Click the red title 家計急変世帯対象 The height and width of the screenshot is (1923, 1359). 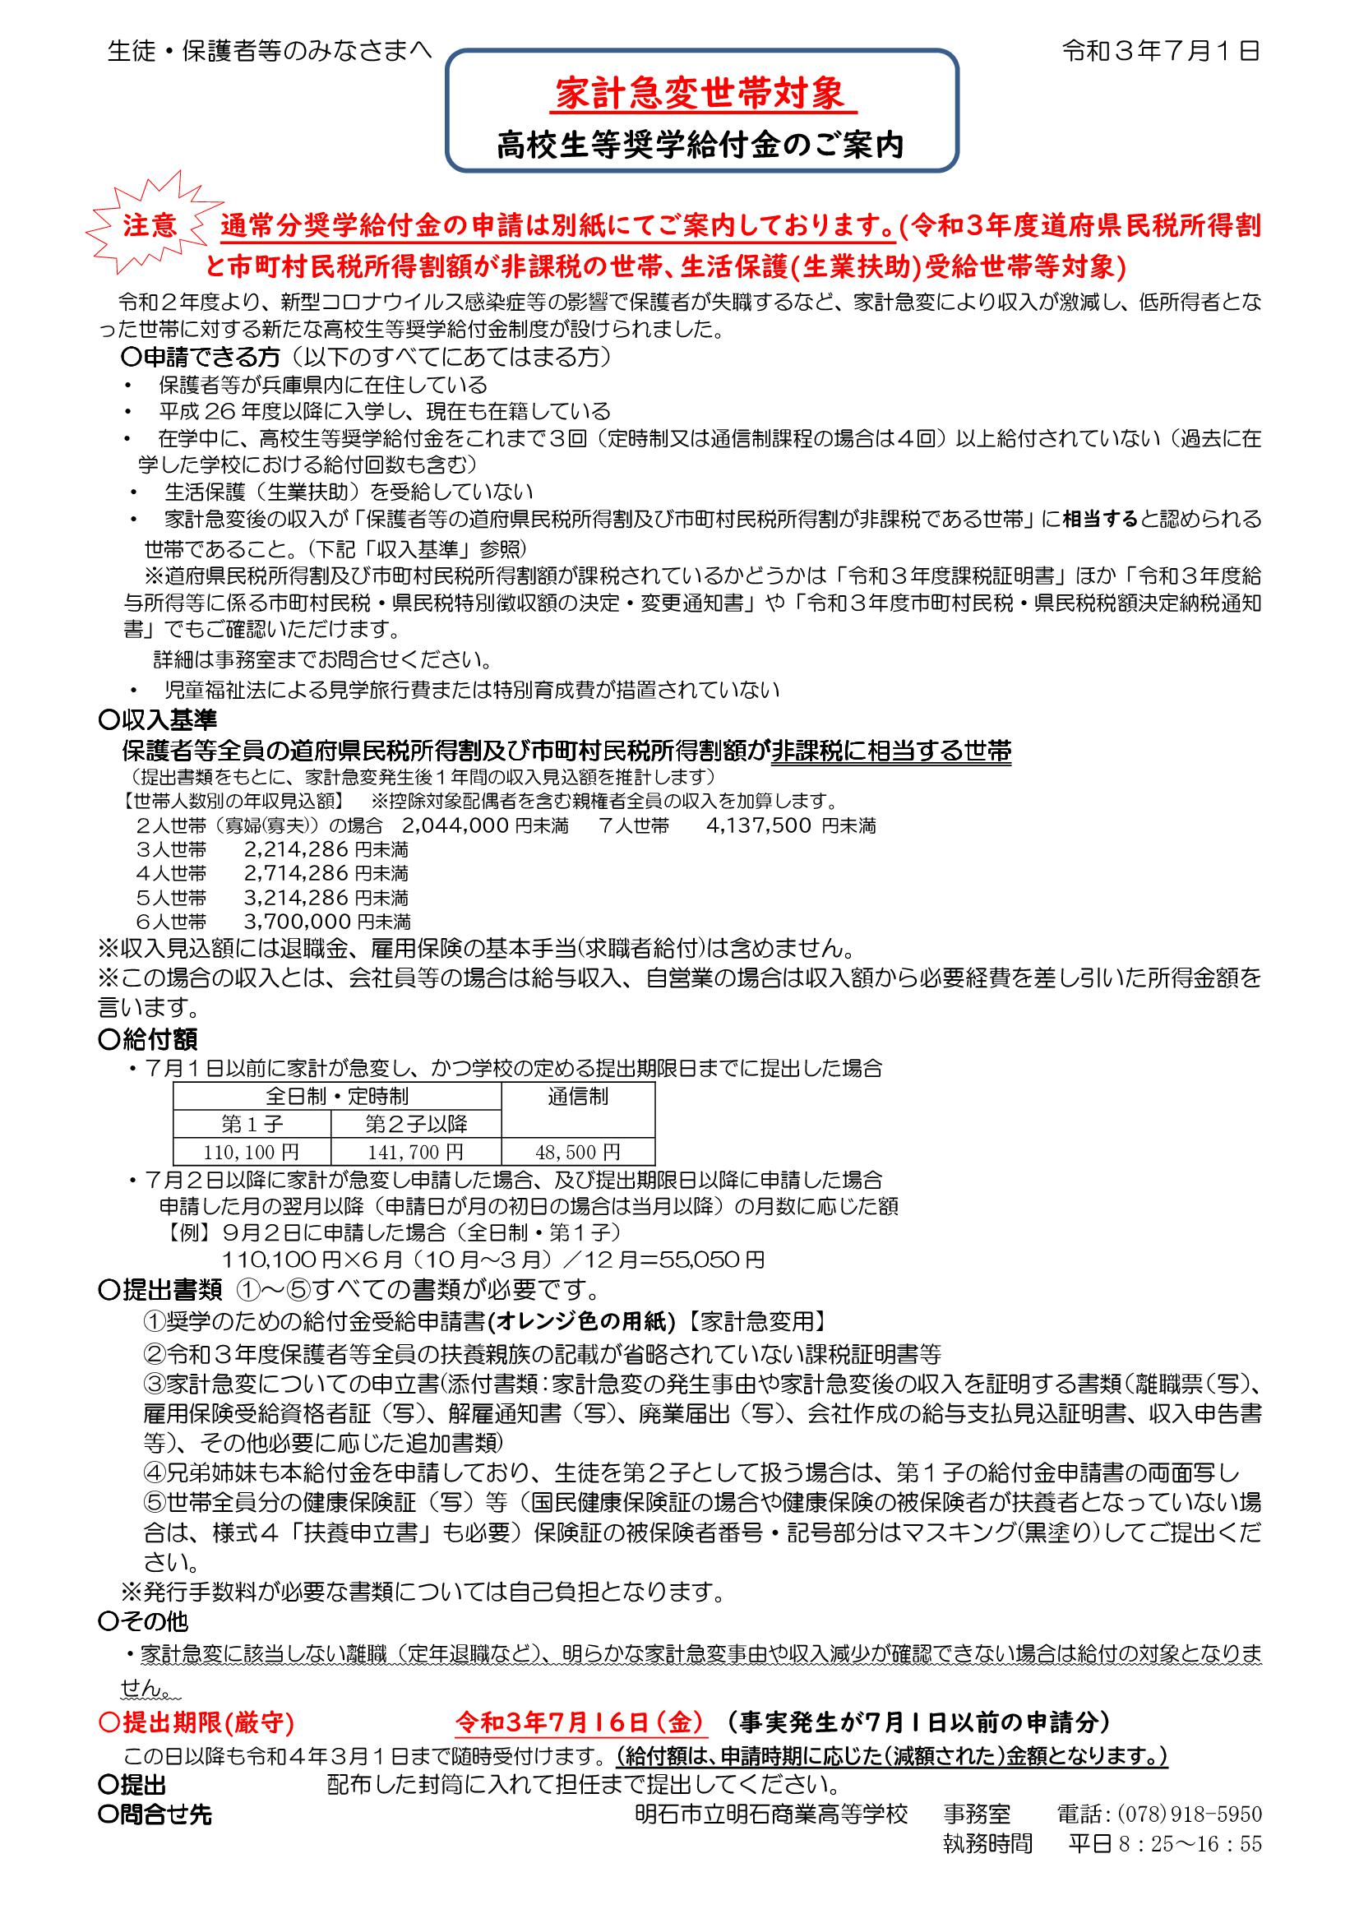[701, 95]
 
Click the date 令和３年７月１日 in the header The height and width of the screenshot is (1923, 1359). [1161, 52]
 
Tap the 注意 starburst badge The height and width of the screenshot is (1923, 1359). [150, 227]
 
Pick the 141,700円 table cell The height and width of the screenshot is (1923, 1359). [415, 1153]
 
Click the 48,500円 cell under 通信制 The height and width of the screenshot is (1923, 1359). [578, 1153]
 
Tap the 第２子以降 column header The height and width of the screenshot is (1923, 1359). [416, 1124]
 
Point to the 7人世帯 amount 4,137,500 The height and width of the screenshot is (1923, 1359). [759, 825]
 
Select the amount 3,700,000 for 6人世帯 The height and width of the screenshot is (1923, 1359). [297, 922]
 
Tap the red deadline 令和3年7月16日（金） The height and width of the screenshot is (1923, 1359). [582, 1722]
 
